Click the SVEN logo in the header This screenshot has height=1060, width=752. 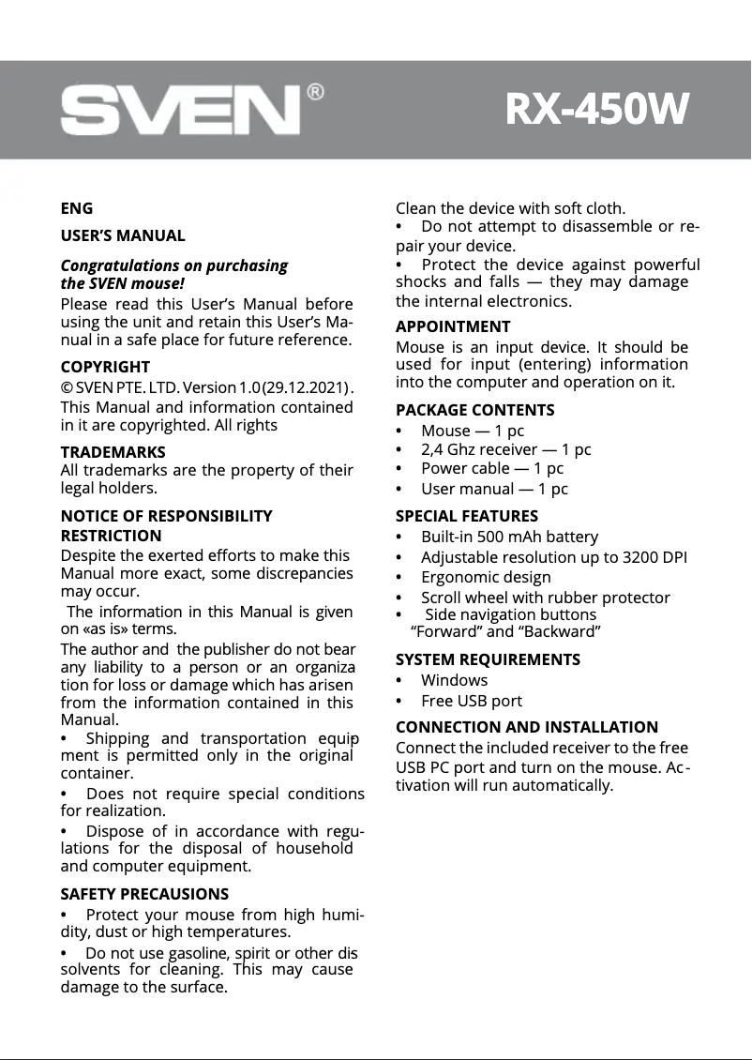[x=180, y=112]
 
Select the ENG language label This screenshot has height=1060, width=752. [x=77, y=208]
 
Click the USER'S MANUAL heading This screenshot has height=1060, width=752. [x=123, y=235]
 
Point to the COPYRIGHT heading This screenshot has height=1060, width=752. [x=105, y=367]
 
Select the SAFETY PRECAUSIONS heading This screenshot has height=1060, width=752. [x=144, y=894]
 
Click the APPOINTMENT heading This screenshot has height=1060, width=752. [x=453, y=326]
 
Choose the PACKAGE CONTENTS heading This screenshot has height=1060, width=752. [x=474, y=410]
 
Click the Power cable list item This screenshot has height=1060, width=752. [x=492, y=468]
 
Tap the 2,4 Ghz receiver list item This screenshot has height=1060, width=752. [x=505, y=449]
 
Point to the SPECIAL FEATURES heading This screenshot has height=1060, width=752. [x=467, y=516]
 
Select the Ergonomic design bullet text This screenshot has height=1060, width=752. [x=486, y=577]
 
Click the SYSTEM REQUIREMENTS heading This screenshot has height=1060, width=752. [x=488, y=659]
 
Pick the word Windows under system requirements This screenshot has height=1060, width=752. [x=454, y=680]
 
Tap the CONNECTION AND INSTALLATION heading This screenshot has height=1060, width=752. [x=527, y=727]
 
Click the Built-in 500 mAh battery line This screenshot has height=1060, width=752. [x=509, y=537]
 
